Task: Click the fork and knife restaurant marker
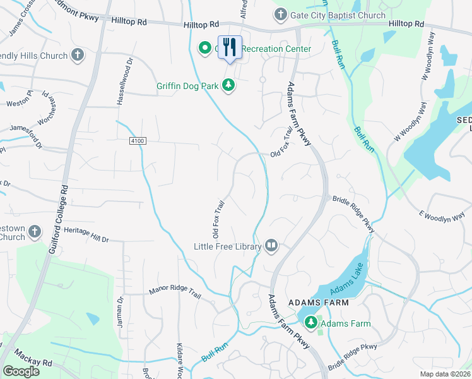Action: [x=230, y=47]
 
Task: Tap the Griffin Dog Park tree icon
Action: [x=228, y=86]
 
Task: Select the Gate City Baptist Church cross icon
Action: [x=280, y=14]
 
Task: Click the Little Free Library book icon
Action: [x=271, y=246]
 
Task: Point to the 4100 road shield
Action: [x=139, y=140]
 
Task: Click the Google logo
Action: [x=21, y=371]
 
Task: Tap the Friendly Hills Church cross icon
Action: [x=78, y=56]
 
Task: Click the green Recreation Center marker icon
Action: [x=204, y=49]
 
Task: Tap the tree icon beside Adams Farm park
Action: [x=310, y=323]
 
